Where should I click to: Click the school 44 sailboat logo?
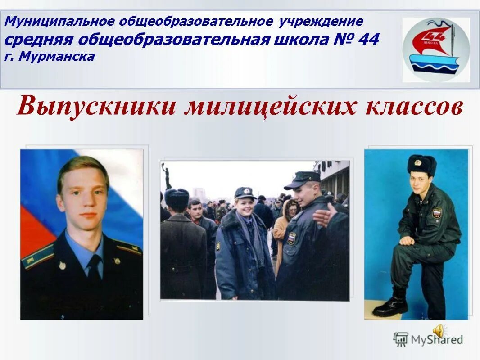pyautogui.click(x=435, y=50)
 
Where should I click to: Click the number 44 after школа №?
pyautogui.click(x=369, y=40)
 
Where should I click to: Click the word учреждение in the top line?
pyautogui.click(x=321, y=22)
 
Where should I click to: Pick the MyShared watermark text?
pyautogui.click(x=436, y=340)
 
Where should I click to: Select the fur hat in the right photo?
pyautogui.click(x=421, y=164)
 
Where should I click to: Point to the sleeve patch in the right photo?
pyautogui.click(x=436, y=212)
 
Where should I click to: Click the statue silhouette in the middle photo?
pyautogui.click(x=168, y=175)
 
